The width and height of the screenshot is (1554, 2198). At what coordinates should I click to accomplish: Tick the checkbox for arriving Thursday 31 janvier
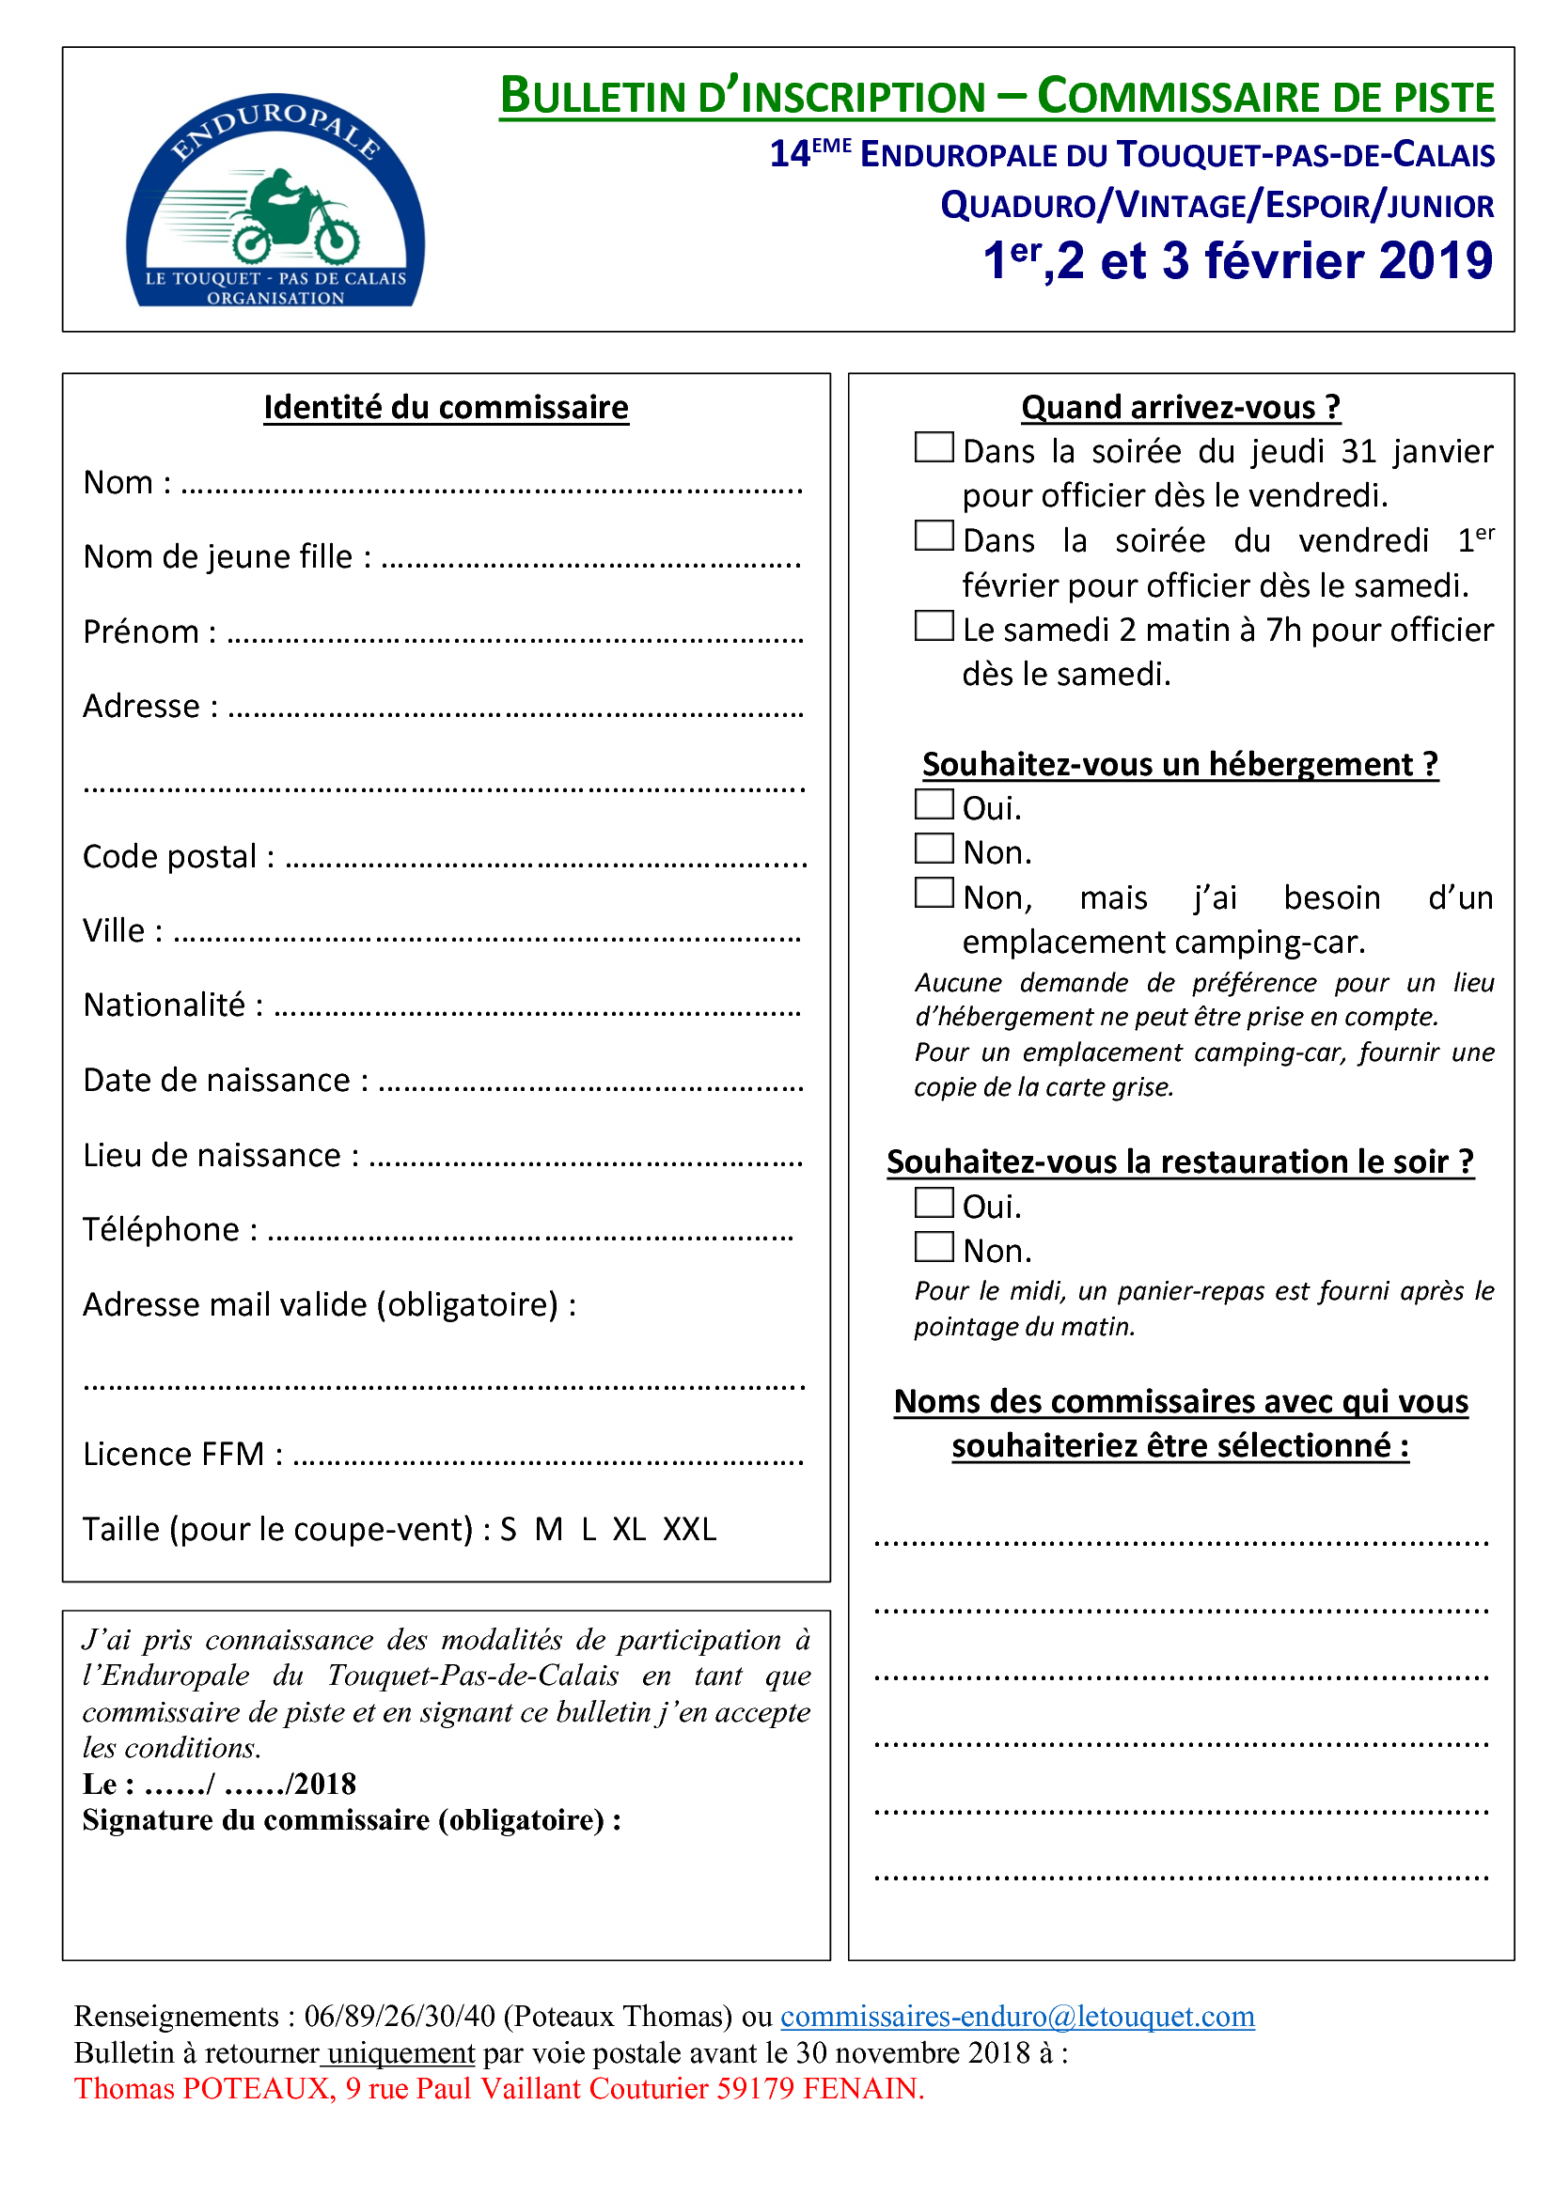934,447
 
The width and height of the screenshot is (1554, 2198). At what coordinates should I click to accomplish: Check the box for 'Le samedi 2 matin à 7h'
934,625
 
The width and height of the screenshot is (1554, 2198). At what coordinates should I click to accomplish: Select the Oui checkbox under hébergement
934,804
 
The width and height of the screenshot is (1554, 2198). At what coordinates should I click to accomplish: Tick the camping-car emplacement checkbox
934,892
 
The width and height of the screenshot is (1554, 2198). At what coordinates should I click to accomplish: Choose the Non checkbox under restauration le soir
934,1246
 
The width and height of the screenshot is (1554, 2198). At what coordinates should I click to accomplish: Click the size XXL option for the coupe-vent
689,1529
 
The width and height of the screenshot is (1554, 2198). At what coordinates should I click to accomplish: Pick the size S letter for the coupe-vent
509,1529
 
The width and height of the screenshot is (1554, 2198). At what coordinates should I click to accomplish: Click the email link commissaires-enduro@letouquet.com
1017,2016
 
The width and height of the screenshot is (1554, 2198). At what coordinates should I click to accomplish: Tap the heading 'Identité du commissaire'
447,407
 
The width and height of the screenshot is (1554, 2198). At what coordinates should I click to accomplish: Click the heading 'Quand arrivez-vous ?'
1181,407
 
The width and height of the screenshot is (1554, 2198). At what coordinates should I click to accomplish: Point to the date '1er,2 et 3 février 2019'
1238,260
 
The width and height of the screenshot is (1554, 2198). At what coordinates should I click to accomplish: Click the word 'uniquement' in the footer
401,2052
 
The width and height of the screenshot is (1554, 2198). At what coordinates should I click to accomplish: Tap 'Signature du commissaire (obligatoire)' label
352,1819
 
